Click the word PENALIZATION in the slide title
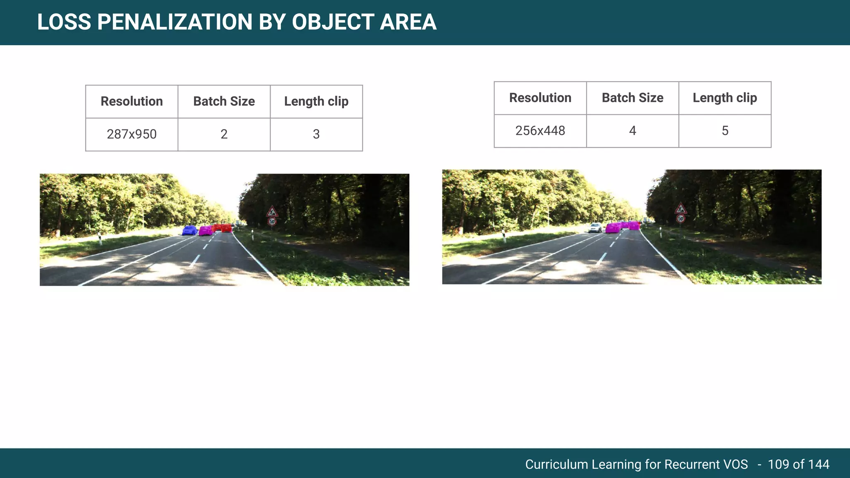click(174, 22)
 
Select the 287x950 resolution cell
click(132, 134)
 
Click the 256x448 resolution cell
click(540, 131)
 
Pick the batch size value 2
click(224, 134)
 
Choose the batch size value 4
click(632, 131)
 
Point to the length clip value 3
click(316, 134)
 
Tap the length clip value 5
click(725, 131)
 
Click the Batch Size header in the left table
click(224, 101)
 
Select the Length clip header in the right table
click(725, 98)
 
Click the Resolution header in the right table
click(540, 98)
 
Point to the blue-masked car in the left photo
click(190, 230)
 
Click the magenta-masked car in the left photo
click(205, 230)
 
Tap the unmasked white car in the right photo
click(596, 227)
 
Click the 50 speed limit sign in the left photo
click(272, 222)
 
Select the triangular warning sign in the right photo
click(680, 208)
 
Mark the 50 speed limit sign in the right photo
click(680, 218)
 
